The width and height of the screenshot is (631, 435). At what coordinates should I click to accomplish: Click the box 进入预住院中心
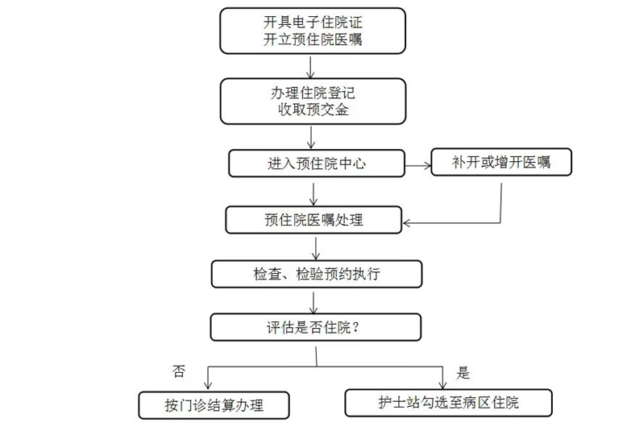[x=317, y=164]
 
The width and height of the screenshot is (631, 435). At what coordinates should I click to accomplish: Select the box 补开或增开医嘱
[x=501, y=162]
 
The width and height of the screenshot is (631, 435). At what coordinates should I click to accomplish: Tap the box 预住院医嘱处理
[x=314, y=220]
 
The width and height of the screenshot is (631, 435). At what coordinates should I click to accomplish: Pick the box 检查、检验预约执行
[x=317, y=274]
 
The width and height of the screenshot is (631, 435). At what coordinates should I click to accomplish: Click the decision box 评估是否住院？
[x=316, y=327]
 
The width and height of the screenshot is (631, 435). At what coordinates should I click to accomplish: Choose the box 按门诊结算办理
[x=214, y=405]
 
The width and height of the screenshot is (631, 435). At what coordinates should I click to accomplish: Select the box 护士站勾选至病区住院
[x=449, y=403]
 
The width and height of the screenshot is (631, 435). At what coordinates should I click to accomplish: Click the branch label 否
[x=179, y=371]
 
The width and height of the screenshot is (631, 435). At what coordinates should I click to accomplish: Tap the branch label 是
[x=463, y=373]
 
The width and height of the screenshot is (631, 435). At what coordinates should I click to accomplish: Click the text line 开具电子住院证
[x=313, y=22]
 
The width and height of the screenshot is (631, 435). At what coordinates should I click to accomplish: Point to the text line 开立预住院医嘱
[x=313, y=39]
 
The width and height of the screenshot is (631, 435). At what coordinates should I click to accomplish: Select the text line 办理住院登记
[x=313, y=93]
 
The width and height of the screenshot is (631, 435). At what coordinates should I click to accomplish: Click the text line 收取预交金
[x=313, y=110]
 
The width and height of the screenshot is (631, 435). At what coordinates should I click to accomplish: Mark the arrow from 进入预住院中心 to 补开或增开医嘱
[x=418, y=165]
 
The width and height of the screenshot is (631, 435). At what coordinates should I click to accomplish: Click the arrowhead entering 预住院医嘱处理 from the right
[x=406, y=222]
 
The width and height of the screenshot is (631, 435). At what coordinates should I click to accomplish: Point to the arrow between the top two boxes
[x=310, y=67]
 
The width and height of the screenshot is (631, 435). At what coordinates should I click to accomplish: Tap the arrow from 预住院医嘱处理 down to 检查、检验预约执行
[x=316, y=248]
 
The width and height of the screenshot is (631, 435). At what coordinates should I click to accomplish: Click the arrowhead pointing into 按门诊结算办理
[x=208, y=386]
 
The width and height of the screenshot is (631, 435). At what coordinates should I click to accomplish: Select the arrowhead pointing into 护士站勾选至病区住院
[x=442, y=384]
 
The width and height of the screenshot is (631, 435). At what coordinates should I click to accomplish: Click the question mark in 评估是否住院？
[x=355, y=328]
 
